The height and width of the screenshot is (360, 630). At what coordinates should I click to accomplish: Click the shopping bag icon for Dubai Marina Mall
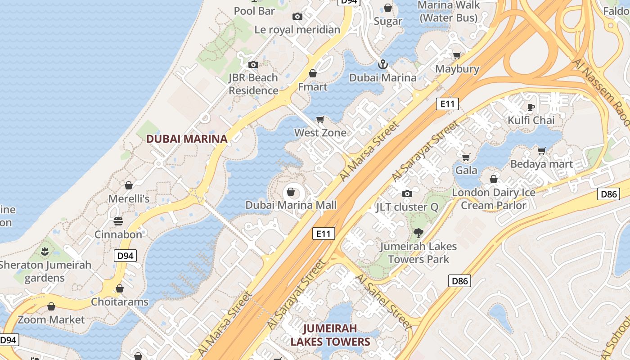[291, 192]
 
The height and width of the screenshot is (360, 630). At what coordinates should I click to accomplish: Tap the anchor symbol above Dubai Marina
[382, 64]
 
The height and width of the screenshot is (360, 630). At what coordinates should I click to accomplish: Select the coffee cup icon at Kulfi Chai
[531, 107]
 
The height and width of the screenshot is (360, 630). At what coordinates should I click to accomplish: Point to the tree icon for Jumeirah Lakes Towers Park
[418, 233]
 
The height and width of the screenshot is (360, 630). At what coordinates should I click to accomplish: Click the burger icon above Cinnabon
[118, 221]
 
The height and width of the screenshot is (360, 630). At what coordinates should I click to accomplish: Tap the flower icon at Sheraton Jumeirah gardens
[45, 251]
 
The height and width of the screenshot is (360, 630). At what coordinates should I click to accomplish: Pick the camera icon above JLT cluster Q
[407, 193]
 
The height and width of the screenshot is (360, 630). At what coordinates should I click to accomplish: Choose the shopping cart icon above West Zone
[320, 119]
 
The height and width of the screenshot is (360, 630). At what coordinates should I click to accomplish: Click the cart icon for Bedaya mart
[542, 151]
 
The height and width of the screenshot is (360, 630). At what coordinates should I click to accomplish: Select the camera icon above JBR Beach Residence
[253, 64]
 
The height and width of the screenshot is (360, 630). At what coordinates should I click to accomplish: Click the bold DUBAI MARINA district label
[187, 139]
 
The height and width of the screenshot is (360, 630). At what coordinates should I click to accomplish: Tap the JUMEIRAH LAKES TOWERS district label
[330, 335]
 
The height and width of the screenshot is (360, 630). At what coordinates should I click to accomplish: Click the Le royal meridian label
[297, 30]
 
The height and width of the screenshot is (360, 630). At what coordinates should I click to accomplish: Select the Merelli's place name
[129, 198]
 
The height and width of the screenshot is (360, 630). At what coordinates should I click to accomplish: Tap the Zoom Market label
[51, 319]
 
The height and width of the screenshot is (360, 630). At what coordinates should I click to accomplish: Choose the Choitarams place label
[120, 301]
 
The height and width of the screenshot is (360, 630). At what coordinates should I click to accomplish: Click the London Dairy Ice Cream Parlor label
[494, 199]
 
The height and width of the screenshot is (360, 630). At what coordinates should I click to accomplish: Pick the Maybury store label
[457, 69]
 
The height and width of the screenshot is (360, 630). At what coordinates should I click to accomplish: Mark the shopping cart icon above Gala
[466, 157]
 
